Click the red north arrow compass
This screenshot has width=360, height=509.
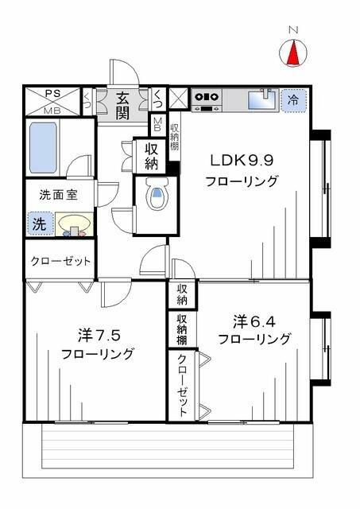click(293, 52)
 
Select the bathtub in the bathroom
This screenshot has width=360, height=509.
click(43, 147)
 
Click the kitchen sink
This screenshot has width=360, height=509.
click(263, 99)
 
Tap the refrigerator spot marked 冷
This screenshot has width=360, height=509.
click(293, 99)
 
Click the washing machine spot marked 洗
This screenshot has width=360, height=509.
click(40, 223)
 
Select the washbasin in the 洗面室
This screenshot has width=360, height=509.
click(74, 224)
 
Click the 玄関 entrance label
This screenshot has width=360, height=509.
click(122, 106)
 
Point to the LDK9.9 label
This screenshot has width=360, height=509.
click(242, 160)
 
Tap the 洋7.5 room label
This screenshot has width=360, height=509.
click(99, 336)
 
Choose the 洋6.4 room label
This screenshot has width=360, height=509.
click(254, 321)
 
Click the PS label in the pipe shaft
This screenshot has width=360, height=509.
click(52, 94)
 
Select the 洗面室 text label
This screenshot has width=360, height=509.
click(59, 195)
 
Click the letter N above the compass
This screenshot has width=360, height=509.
click(293, 30)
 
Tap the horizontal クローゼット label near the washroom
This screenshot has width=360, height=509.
click(60, 262)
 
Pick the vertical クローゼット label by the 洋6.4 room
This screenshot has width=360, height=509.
click(182, 385)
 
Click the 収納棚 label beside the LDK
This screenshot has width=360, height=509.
click(175, 136)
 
